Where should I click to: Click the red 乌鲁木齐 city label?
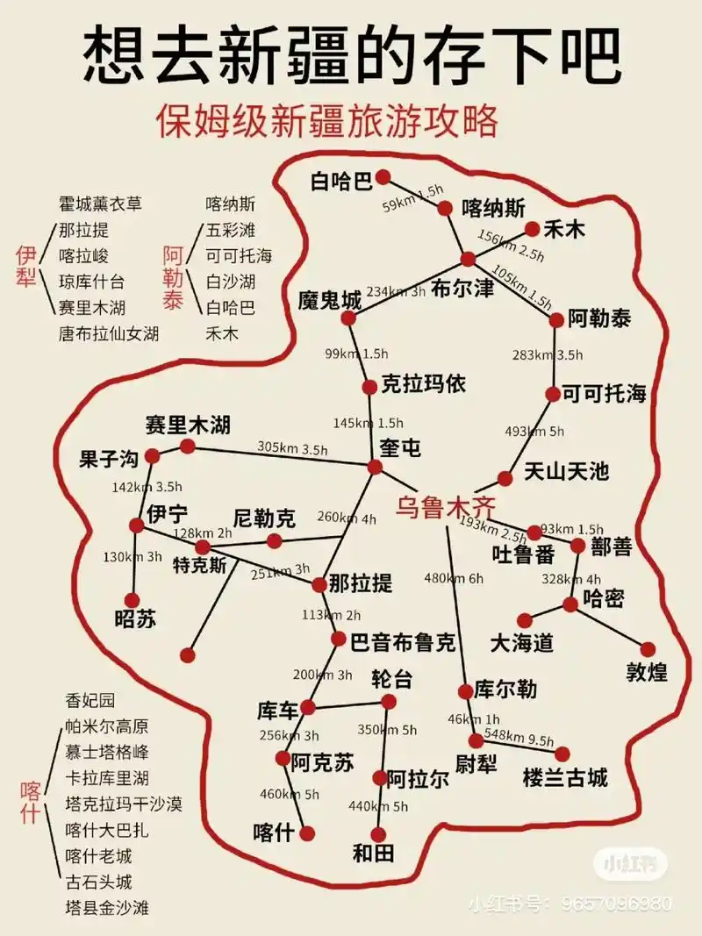445,507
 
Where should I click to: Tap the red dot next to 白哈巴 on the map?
383,178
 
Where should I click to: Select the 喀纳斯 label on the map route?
493,208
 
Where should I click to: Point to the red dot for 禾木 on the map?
532,229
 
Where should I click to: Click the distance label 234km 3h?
396,291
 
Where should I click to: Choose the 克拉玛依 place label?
424,384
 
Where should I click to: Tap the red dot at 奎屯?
376,467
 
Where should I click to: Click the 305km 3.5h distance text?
292,447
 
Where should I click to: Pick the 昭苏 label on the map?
136,618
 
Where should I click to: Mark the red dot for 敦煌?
648,649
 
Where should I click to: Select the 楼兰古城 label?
564,778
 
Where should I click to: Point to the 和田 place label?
373,853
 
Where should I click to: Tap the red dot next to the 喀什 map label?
307,833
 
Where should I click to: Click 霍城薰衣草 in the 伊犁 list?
100,204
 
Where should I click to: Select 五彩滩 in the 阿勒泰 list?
230,231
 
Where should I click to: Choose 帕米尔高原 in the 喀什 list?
107,726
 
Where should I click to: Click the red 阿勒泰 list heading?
173,278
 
